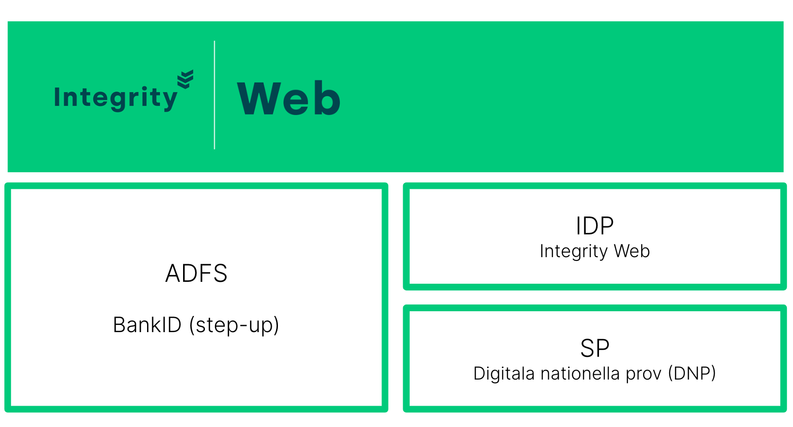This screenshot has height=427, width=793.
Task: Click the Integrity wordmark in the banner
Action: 115,98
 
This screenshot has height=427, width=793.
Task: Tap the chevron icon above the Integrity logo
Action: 185,79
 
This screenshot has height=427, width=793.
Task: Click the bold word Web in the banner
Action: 288,98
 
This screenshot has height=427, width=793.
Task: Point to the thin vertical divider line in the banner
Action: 214,95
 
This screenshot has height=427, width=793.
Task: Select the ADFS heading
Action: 196,273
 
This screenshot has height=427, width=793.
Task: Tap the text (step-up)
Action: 234,325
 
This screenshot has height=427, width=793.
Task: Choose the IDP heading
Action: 595,226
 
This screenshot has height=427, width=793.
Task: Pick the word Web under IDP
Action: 632,251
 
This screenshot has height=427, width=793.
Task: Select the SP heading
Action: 595,348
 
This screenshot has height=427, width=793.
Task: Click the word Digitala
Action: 504,373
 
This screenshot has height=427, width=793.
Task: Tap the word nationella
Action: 580,373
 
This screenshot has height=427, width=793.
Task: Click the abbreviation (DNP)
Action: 692,374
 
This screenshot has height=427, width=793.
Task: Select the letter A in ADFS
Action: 174,273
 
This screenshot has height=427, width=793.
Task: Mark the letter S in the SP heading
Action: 587,348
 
